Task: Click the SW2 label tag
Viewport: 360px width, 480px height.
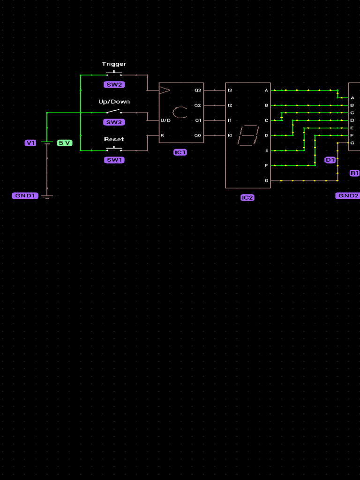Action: (x=114, y=85)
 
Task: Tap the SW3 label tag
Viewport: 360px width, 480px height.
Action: (x=114, y=122)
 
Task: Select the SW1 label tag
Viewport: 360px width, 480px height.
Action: (x=114, y=160)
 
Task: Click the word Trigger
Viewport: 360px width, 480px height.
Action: (x=114, y=64)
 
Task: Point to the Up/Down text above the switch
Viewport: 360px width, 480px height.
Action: (x=114, y=102)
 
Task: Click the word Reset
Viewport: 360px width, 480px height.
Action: (x=114, y=139)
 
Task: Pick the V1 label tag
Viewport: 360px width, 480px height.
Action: (x=30, y=143)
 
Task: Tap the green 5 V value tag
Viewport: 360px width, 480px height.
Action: (x=65, y=143)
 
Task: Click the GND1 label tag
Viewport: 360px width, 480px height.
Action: (x=25, y=195)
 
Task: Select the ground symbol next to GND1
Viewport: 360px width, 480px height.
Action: (x=47, y=196)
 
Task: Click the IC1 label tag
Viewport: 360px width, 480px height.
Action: (x=180, y=152)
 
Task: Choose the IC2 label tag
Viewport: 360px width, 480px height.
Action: (x=247, y=197)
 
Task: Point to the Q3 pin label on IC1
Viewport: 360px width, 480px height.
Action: (x=198, y=90)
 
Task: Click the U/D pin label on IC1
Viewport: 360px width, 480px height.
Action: (x=165, y=120)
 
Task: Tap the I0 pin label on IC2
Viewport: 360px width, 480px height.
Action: (x=230, y=135)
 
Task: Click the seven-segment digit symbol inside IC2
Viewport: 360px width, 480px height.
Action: (x=248, y=135)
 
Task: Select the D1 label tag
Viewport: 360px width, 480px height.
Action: (x=330, y=160)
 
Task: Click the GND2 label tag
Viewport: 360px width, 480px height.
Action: (x=347, y=195)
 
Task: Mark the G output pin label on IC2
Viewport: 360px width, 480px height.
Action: (x=266, y=180)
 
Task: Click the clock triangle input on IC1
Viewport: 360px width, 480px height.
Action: (x=165, y=90)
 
